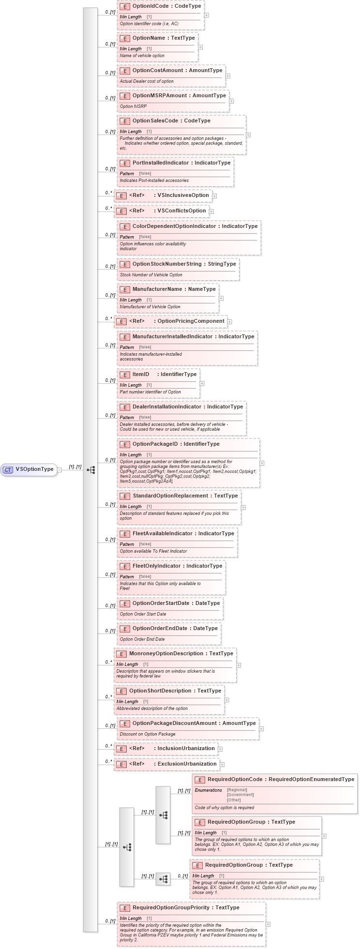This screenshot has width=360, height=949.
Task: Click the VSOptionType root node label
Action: coord(34,469)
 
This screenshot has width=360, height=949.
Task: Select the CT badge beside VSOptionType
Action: coord(8,469)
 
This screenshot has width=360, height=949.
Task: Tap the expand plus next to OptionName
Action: coord(200,47)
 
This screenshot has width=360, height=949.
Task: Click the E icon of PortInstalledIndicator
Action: coord(124,163)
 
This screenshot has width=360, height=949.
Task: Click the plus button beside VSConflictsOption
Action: coord(211,211)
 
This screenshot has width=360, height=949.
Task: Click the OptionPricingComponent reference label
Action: coord(191,321)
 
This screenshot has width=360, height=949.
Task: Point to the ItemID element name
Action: coord(141,375)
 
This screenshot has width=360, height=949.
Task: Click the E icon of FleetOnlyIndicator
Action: coord(124,566)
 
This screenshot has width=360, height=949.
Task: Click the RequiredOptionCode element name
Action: coord(235,780)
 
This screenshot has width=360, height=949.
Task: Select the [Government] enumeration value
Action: coord(240,795)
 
